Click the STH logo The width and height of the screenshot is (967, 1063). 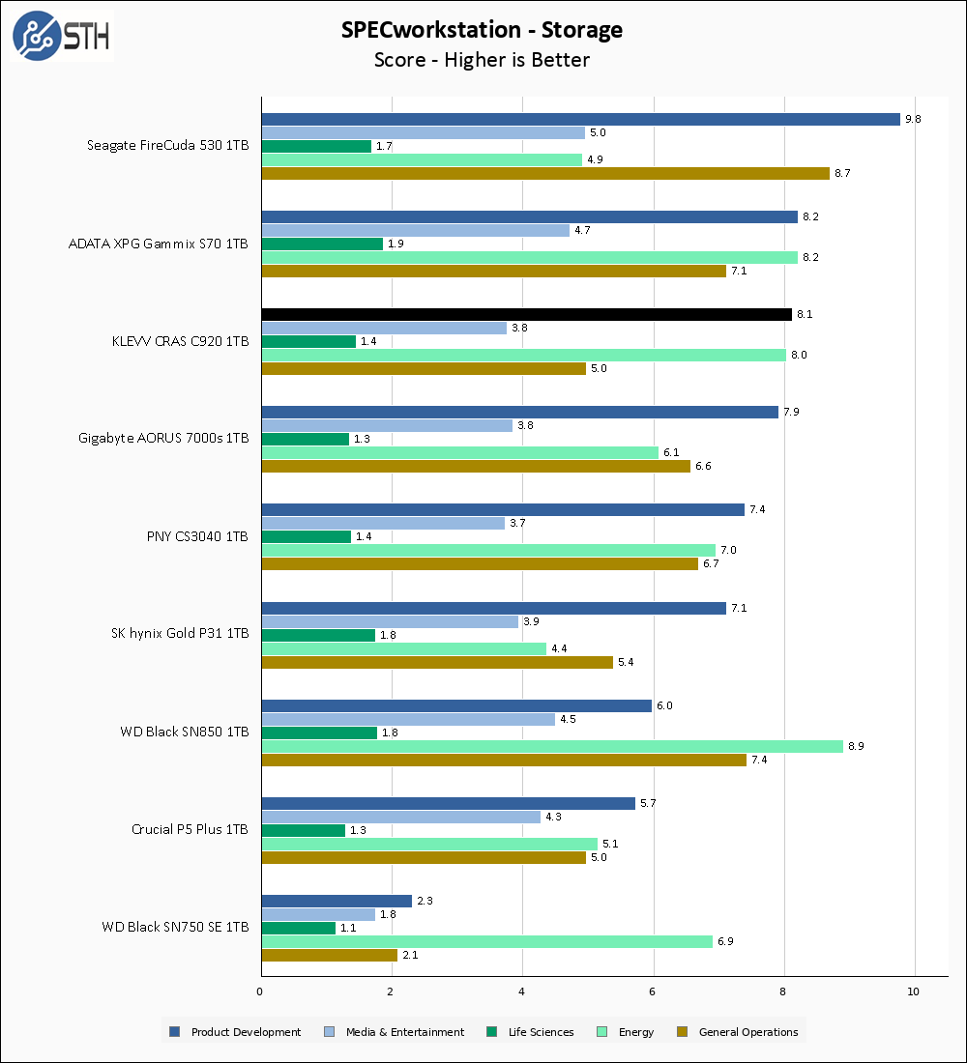(x=61, y=36)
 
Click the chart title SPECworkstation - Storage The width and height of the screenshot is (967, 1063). (x=482, y=30)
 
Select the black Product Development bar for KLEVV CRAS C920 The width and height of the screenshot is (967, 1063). (x=527, y=314)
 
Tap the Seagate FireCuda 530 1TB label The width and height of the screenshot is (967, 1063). (x=167, y=146)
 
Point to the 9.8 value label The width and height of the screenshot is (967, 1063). (x=913, y=119)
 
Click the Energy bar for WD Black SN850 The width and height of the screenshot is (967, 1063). (x=552, y=746)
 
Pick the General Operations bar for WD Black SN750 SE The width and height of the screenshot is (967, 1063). (x=330, y=955)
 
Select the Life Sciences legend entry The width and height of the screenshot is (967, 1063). (x=531, y=1032)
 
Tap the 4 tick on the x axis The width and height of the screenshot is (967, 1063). (x=522, y=991)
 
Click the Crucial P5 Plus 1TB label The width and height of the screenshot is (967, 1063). (x=190, y=829)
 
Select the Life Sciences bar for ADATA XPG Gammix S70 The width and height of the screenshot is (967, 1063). (x=323, y=244)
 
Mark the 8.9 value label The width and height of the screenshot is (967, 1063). (x=856, y=746)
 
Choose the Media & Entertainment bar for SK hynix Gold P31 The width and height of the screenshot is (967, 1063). (x=390, y=621)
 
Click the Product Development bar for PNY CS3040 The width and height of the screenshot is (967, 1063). (x=503, y=509)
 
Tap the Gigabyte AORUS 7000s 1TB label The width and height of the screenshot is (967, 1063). (x=163, y=438)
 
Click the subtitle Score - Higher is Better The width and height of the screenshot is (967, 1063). (x=482, y=60)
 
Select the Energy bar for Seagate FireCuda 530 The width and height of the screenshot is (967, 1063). (x=422, y=159)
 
